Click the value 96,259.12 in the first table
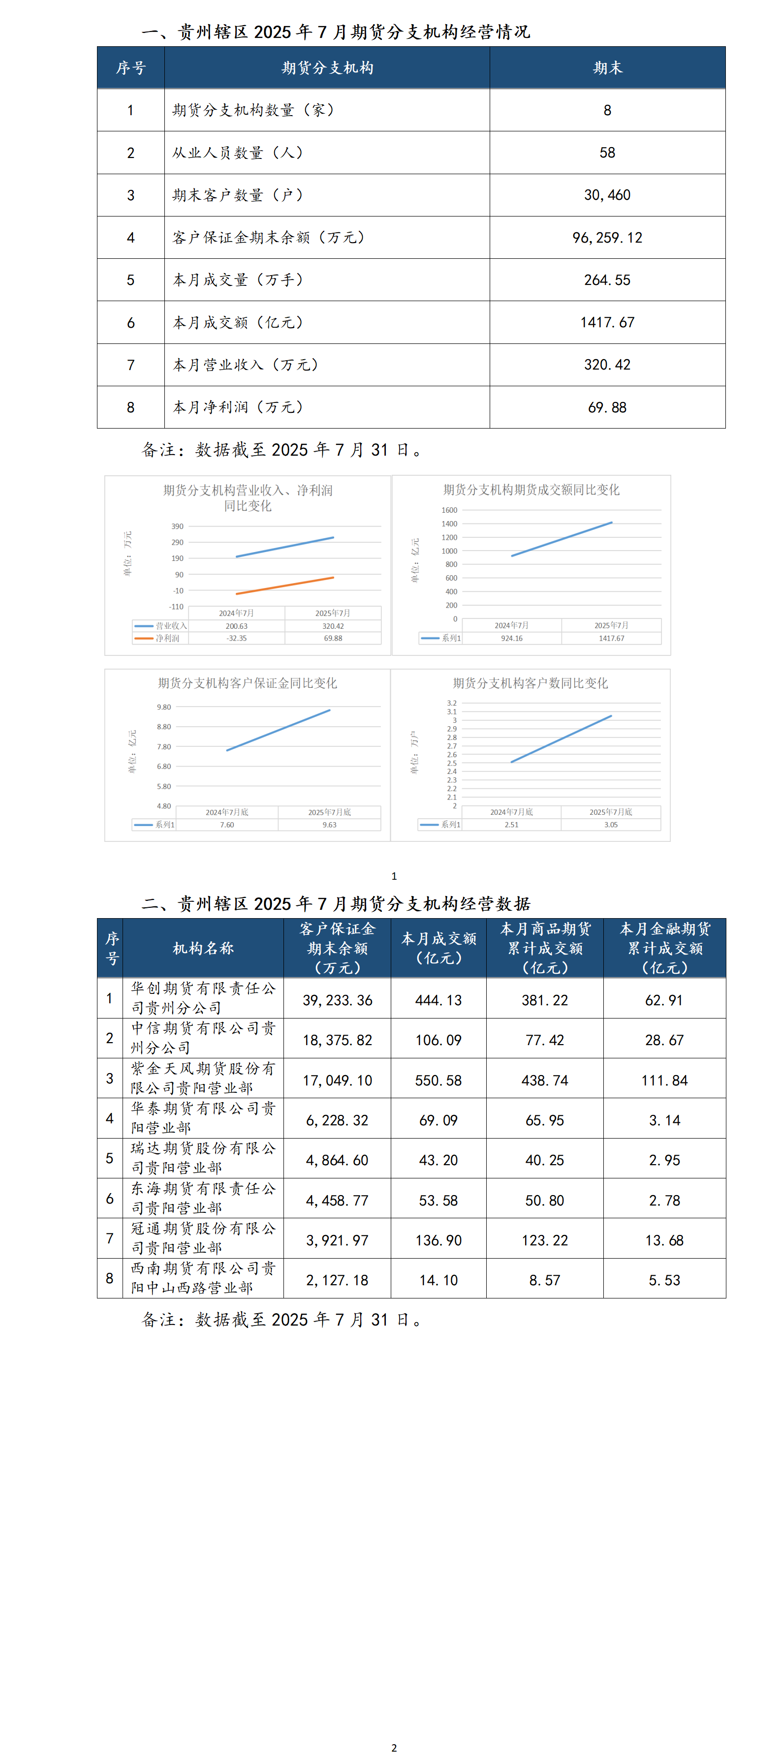[607, 238]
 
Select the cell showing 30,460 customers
[607, 195]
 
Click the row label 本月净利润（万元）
[238, 408]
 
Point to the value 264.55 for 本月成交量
[607, 280]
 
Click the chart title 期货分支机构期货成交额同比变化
[531, 490]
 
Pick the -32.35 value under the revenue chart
[237, 639]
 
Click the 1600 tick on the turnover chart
[449, 510]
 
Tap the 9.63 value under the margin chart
[329, 825]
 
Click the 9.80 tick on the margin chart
[164, 708]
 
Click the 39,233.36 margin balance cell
[337, 1000]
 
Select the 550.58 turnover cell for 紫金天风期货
[438, 1080]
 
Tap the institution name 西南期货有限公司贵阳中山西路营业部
[203, 1278]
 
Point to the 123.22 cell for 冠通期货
[544, 1240]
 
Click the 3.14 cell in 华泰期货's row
[664, 1120]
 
